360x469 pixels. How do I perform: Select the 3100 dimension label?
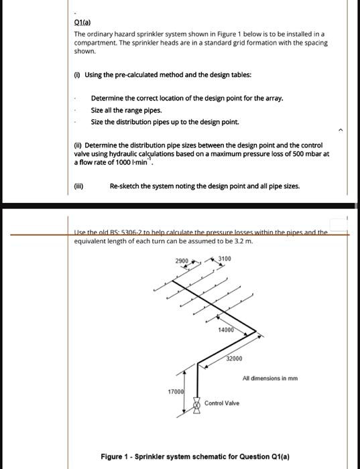(224, 259)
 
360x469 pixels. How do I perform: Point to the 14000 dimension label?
(226, 329)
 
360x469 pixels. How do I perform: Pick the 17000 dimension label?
(175, 391)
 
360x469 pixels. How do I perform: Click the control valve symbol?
(197, 404)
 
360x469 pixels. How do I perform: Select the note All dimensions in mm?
(271, 378)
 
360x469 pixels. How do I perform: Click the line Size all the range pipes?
(126, 110)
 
